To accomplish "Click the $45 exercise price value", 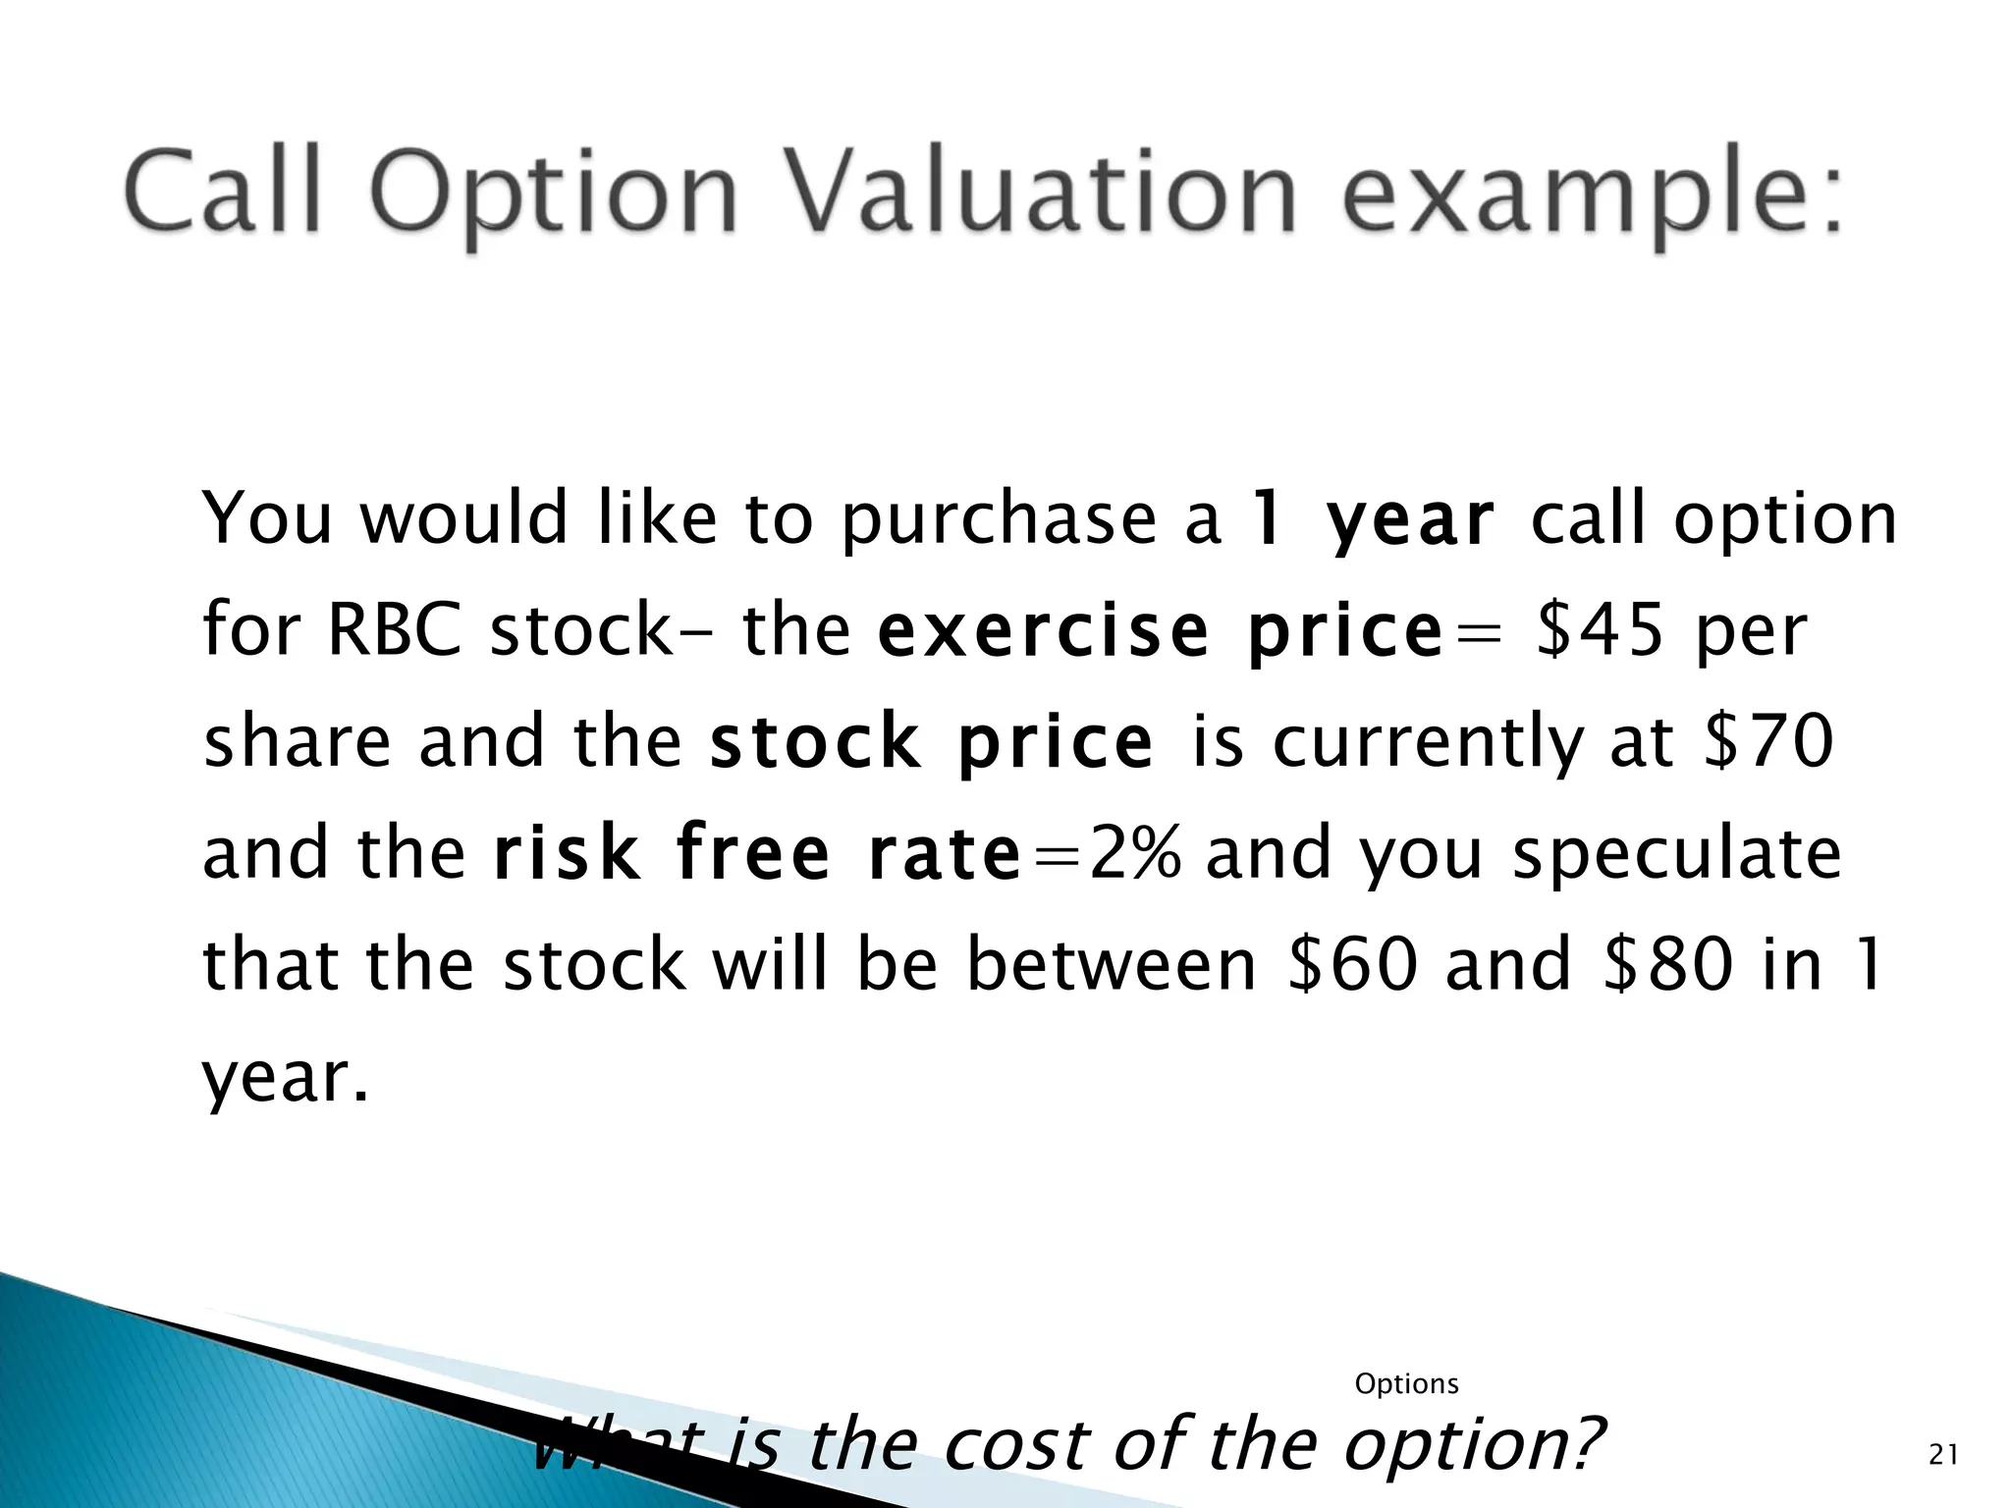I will pos(1600,629).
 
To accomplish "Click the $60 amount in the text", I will pos(1352,964).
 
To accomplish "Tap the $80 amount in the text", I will pos(1667,964).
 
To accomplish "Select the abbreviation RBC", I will pos(394,629).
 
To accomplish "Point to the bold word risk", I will pos(567,852).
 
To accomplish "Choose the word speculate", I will pos(1676,854).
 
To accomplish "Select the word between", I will pos(1112,964).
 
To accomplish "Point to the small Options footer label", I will pos(1406,1384).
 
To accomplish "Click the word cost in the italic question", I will pos(1017,1445).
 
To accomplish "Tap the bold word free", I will pos(753,852).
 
